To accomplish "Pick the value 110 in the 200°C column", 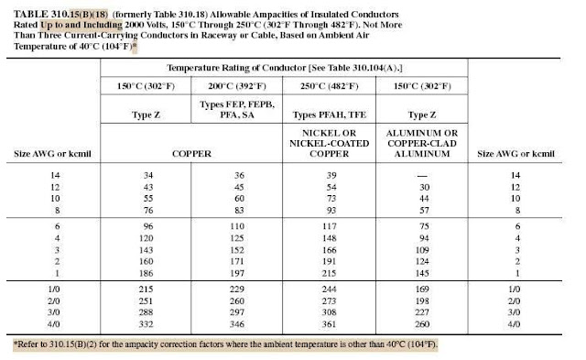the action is click(237, 224).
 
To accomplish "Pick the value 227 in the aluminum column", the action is click(422, 311).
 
